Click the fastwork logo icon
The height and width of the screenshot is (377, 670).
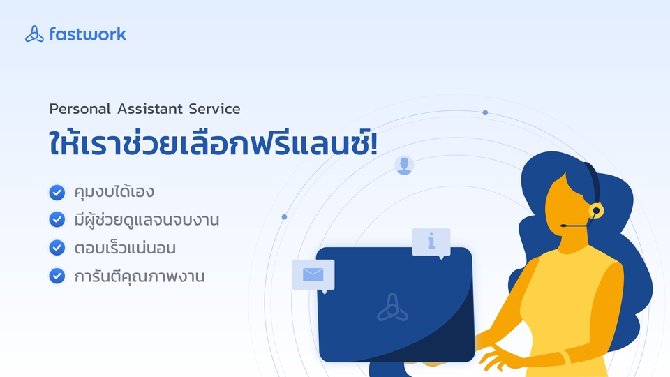point(34,34)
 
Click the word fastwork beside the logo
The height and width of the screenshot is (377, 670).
point(88,34)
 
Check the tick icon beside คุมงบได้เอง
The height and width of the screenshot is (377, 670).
point(57,191)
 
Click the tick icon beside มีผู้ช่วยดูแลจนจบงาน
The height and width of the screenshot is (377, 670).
point(57,220)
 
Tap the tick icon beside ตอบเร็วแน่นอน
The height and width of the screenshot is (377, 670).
point(57,248)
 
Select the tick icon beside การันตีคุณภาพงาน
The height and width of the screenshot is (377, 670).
point(57,276)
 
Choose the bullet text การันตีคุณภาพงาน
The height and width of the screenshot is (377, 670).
point(140,276)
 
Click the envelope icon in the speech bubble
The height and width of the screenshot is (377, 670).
point(313,274)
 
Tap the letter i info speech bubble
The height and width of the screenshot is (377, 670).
point(431,242)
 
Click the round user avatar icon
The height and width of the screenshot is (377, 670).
point(404,165)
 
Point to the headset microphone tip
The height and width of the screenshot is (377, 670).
point(562,226)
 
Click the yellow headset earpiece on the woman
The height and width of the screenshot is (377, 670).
point(595,209)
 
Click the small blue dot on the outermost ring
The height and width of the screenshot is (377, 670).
point(485,112)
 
